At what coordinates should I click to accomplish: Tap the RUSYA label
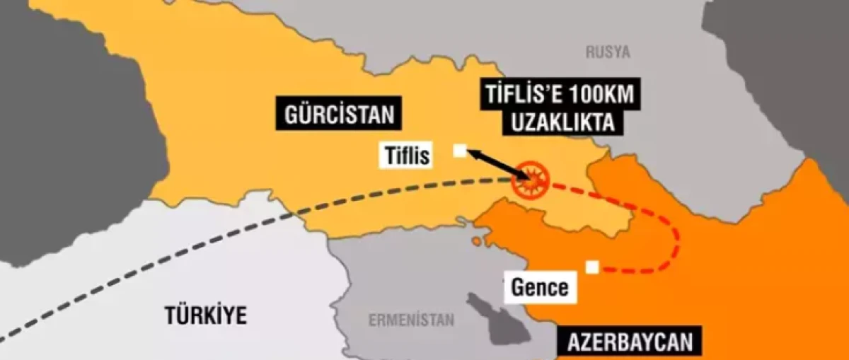pos(608,52)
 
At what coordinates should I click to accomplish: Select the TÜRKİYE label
pos(207,315)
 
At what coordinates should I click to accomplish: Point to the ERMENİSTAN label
pos(411,320)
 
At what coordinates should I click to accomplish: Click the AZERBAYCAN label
pos(629,344)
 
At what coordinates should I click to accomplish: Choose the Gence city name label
pos(540,287)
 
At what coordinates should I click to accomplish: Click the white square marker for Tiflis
pos(460,151)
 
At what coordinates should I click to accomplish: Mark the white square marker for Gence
pos(592,266)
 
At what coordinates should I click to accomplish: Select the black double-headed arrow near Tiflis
pos(492,163)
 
